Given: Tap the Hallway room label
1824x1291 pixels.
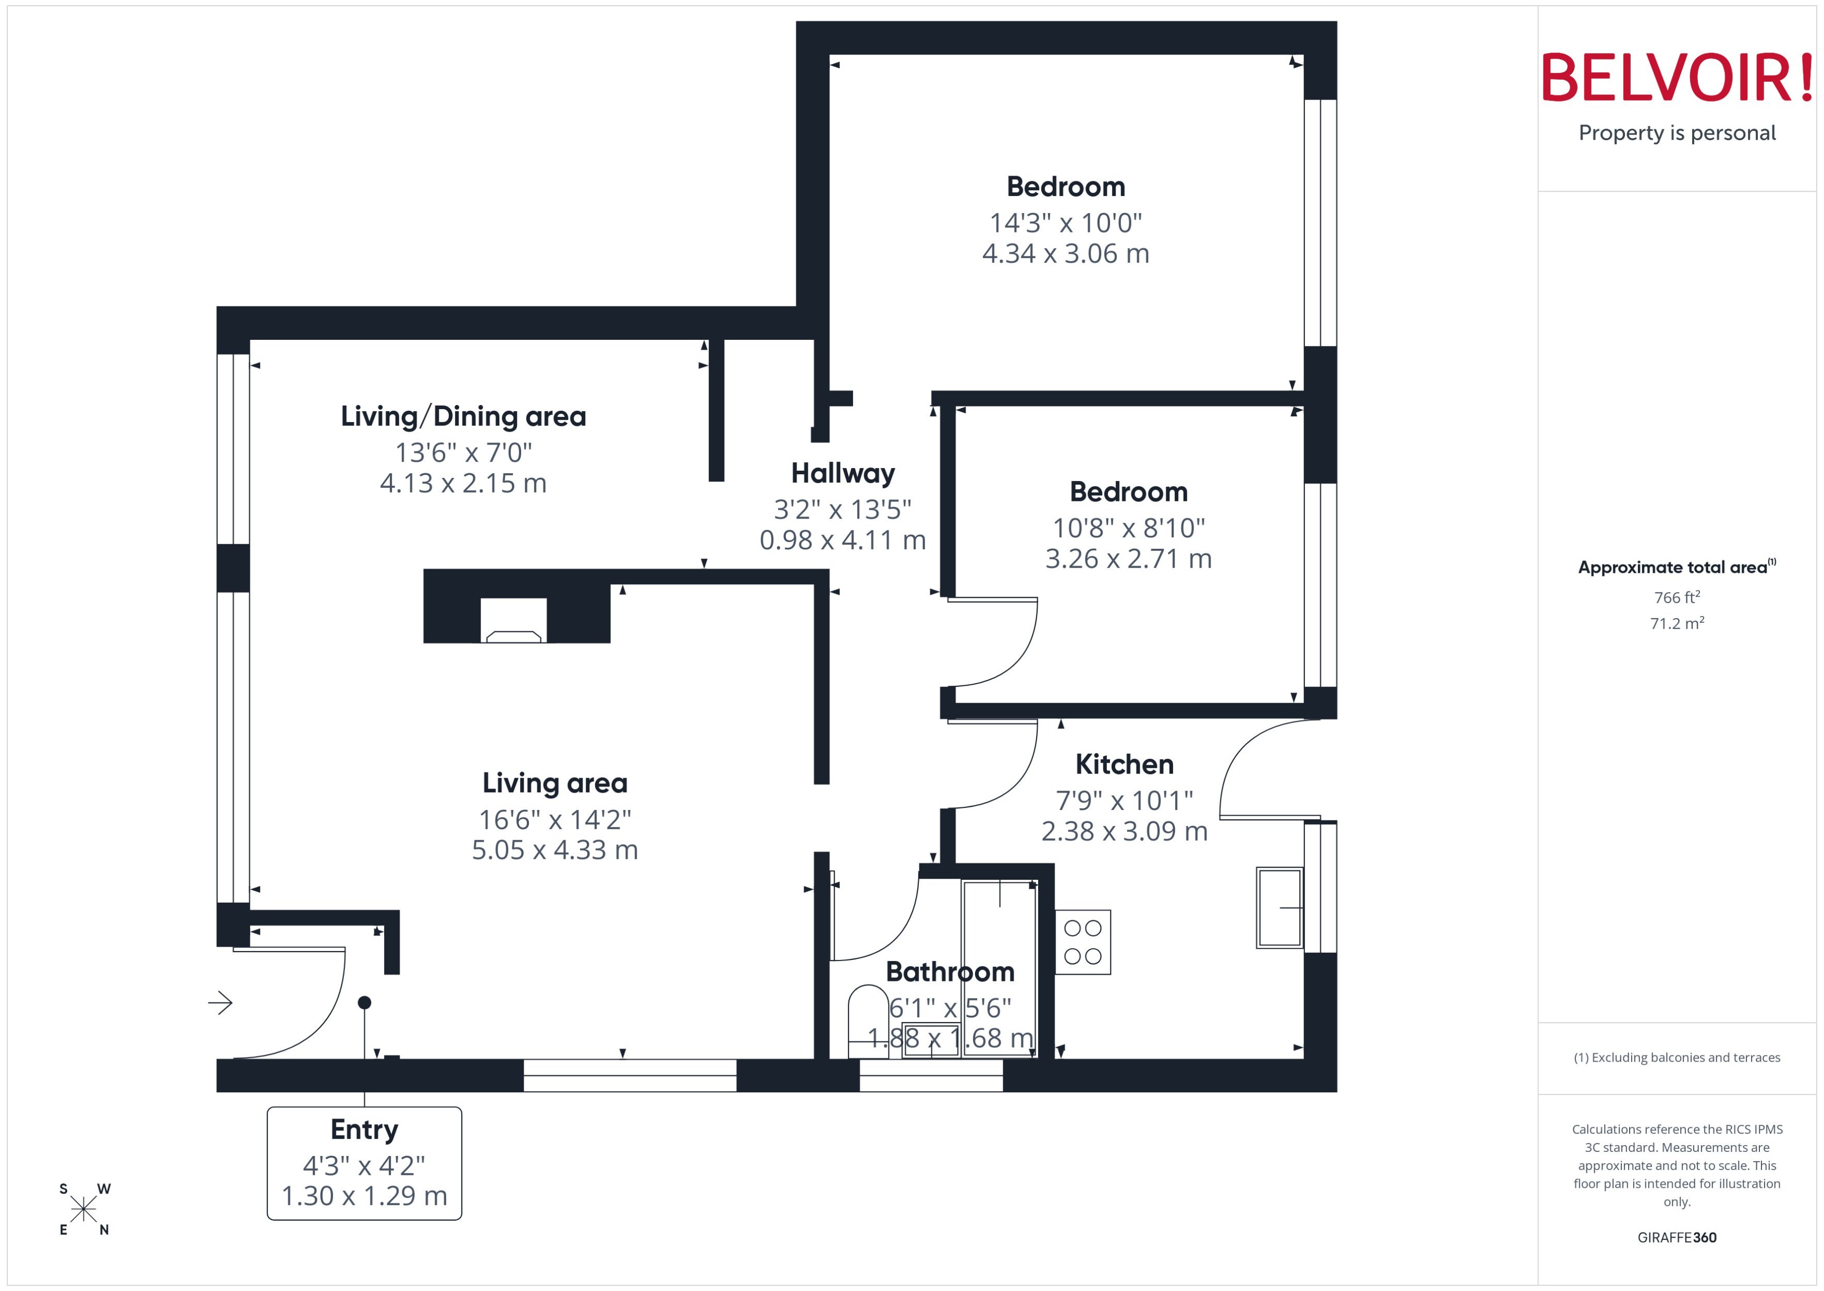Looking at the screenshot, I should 843,474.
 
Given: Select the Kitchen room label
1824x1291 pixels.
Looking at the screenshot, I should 1124,765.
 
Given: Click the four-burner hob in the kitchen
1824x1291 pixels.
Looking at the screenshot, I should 1082,942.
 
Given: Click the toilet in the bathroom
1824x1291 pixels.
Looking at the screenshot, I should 868,1022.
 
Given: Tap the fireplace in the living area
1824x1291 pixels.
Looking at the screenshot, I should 513,621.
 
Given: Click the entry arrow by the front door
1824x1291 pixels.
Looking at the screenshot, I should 220,1003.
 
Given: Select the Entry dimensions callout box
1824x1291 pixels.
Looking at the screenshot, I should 364,1163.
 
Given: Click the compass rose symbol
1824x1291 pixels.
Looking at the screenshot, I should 83,1210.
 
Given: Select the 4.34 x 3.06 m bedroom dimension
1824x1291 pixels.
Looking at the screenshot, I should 1065,254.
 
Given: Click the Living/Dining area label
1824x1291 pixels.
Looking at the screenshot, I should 463,416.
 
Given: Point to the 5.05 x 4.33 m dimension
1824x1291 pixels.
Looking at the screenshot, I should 554,850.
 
